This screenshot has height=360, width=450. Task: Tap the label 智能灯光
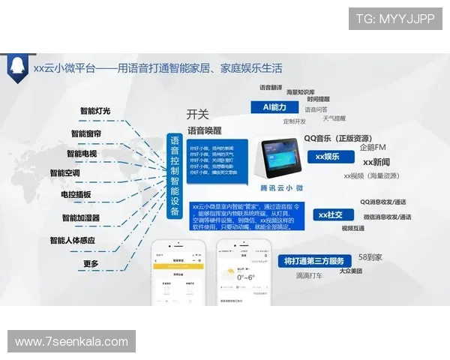95,112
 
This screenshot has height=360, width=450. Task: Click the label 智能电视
81,154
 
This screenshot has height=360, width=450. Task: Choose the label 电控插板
76,195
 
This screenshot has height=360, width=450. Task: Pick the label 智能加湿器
81,218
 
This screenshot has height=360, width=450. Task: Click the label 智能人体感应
72,241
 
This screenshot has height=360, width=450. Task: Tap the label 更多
91,263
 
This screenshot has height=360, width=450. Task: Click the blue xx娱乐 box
328,157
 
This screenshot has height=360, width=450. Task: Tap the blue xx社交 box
330,215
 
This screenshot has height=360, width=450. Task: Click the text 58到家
370,256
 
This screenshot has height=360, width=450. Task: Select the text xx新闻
376,162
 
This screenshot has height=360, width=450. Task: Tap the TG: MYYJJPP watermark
395,18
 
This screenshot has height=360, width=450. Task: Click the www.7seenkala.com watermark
72,342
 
